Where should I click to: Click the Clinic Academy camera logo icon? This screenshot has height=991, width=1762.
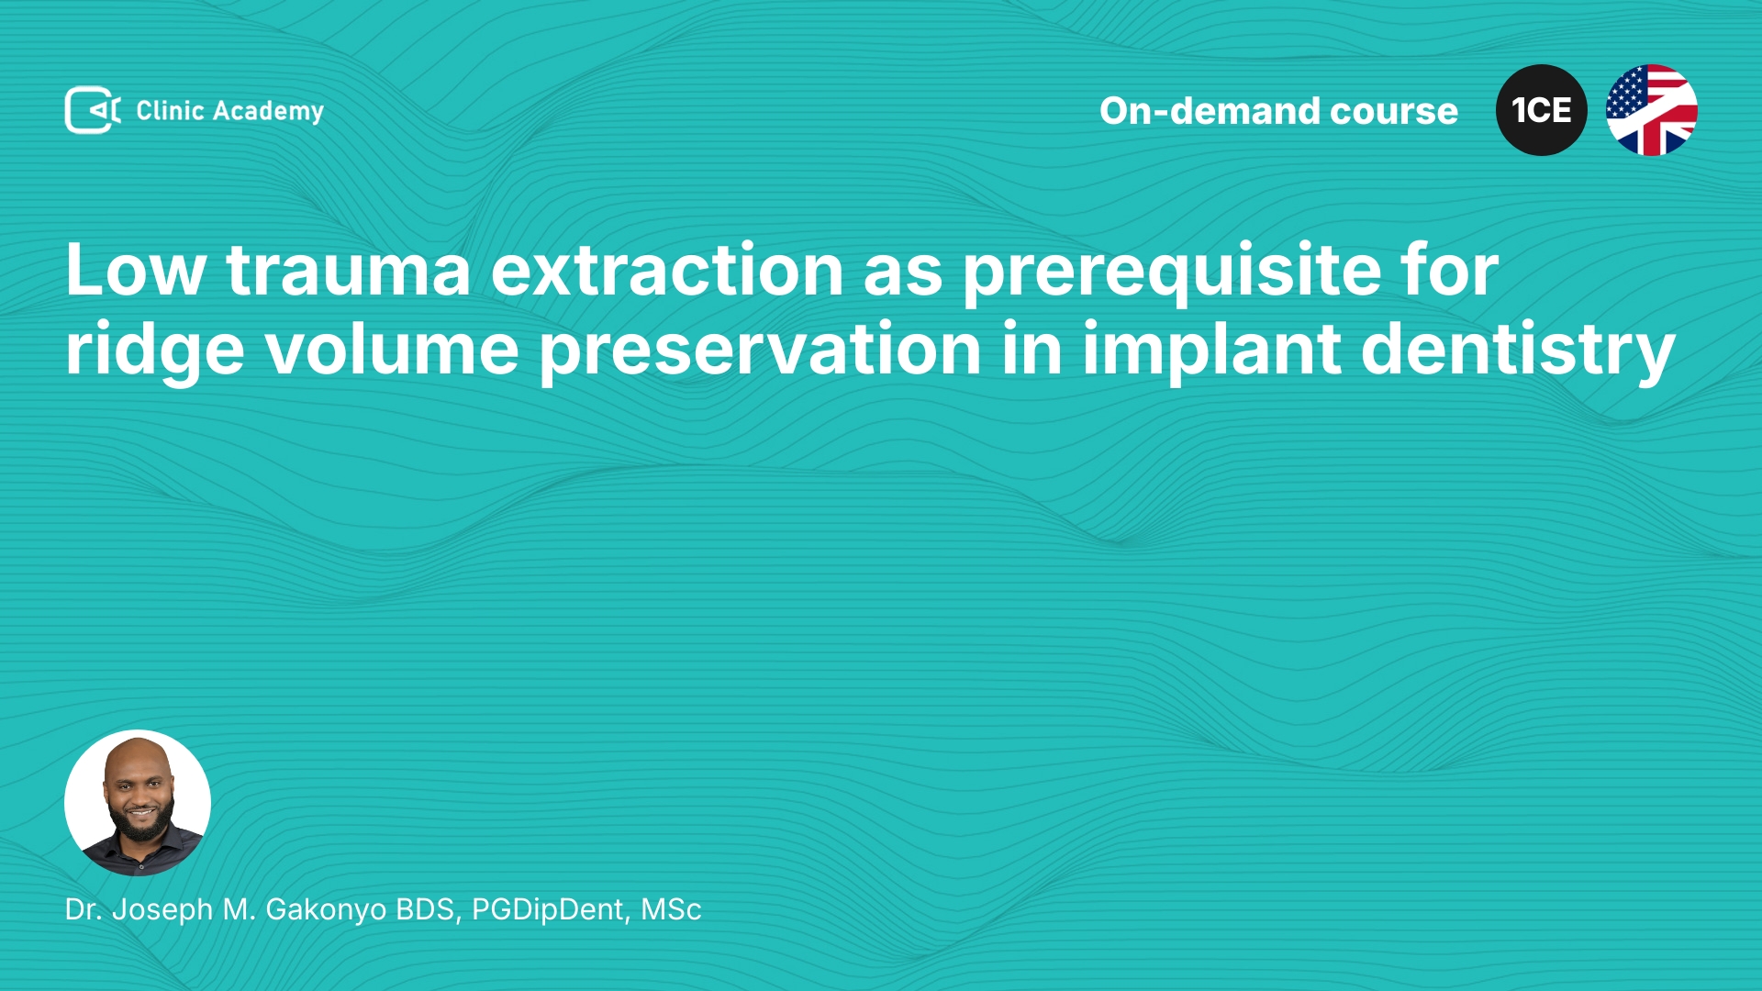(x=93, y=110)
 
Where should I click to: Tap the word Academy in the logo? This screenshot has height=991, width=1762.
(x=268, y=112)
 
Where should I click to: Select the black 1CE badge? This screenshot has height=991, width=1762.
(x=1541, y=110)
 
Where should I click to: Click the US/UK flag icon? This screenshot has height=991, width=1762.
(x=1651, y=110)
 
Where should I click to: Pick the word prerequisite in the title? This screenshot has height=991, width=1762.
(x=1171, y=275)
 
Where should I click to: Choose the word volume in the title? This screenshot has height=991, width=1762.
(x=392, y=350)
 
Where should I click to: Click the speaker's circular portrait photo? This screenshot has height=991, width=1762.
(x=138, y=803)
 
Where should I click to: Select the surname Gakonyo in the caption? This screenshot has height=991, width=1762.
(x=326, y=910)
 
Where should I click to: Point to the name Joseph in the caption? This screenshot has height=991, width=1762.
(x=162, y=910)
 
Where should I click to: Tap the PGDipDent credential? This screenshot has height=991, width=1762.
(x=551, y=909)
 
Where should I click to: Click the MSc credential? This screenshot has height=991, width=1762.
(x=671, y=909)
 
